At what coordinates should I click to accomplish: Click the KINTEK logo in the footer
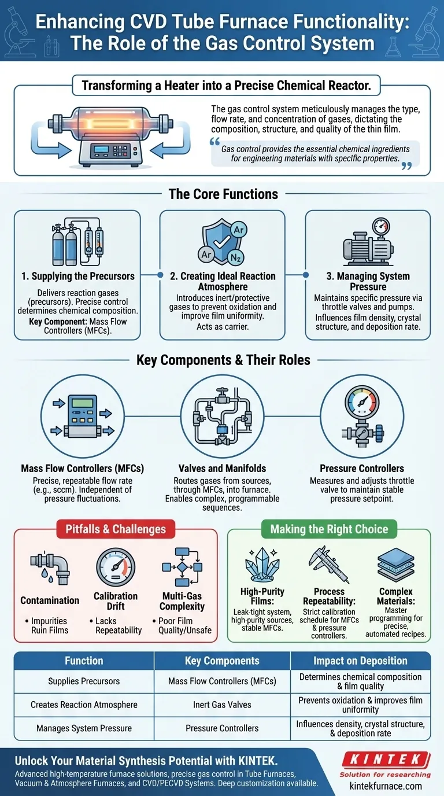point(384,760)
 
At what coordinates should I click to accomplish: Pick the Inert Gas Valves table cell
point(222,705)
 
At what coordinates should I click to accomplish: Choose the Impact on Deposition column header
point(360,661)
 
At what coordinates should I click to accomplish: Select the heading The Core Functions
point(223,194)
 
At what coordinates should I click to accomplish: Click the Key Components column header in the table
point(221,661)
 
